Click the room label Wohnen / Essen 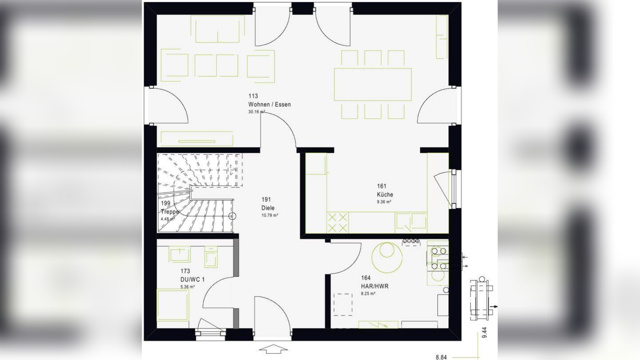270,105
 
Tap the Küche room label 385,194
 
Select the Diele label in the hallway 268,208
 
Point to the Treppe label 169,212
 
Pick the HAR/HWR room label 374,286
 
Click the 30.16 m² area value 257,112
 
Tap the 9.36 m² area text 384,202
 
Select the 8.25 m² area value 368,294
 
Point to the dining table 373,84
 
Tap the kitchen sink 411,221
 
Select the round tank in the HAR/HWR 387,257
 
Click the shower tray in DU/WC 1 173,304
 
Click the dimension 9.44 484,332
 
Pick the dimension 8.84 442,357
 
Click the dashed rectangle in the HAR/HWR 343,304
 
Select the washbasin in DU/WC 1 180,255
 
